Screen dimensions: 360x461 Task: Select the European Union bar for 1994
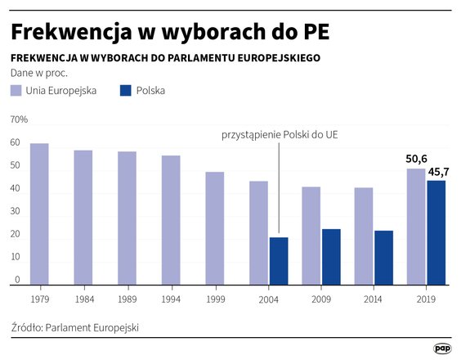[x=170, y=220]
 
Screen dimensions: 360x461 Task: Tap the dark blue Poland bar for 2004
[x=280, y=261]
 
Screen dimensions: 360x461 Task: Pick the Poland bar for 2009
[x=331, y=257]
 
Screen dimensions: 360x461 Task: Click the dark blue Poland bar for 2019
[x=436, y=232]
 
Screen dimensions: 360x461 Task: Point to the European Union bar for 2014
[x=364, y=236]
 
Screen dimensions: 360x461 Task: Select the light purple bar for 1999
[x=214, y=228]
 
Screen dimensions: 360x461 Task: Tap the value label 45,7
[x=439, y=172]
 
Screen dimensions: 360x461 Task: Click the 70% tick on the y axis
[x=19, y=119]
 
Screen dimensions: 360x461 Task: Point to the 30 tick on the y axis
[x=14, y=211]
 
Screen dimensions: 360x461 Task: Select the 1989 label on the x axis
[x=127, y=299]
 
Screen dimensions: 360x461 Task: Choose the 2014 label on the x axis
[x=374, y=299]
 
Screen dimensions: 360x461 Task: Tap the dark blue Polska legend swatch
[x=127, y=90]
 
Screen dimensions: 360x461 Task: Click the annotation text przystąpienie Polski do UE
[x=280, y=133]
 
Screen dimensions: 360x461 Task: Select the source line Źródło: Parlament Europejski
[x=75, y=327]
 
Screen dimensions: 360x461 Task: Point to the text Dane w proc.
[x=38, y=73]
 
